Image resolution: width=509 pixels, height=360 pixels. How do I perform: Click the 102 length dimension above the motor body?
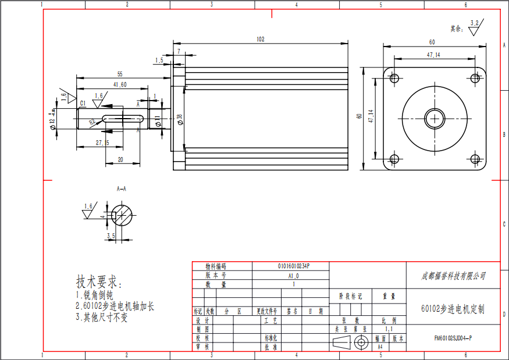pos(260,40)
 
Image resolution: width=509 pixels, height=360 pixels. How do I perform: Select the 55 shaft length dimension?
pos(120,74)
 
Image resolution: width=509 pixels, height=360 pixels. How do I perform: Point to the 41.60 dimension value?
pos(120,85)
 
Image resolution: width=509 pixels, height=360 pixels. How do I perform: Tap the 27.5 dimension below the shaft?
pos(102,142)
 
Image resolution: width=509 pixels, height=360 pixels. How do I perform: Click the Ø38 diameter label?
pos(180,119)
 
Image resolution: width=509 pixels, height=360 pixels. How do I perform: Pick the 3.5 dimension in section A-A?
pos(111,236)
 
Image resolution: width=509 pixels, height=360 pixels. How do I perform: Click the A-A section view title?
pos(122,190)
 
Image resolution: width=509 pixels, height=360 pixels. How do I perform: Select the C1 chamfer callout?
pos(83,103)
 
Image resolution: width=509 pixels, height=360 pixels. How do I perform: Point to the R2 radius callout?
pos(92,123)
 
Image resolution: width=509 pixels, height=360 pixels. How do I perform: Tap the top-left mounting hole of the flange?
pos(394,79)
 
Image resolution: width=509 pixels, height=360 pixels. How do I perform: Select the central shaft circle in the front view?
pos(434,119)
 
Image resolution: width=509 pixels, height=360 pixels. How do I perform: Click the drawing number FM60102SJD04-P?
pos(453,337)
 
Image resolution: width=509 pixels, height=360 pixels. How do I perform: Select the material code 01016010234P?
pos(294,266)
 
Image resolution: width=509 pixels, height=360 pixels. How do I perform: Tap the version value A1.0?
pos(294,276)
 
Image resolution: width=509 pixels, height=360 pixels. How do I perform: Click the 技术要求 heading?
pos(99,282)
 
